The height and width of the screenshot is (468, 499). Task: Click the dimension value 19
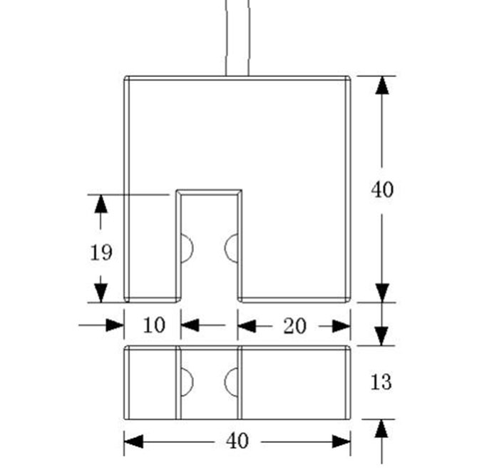pyautogui.click(x=101, y=252)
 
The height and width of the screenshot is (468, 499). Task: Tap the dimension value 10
pyautogui.click(x=153, y=325)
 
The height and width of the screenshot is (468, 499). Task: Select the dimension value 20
pyautogui.click(x=294, y=325)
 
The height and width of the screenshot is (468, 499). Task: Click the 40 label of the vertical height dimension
pyautogui.click(x=382, y=190)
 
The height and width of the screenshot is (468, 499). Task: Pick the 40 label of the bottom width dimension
pyautogui.click(x=237, y=441)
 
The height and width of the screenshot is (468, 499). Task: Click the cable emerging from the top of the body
pyautogui.click(x=237, y=36)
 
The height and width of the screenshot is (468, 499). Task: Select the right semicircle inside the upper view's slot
pyautogui.click(x=231, y=248)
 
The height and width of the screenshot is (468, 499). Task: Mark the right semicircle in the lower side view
pyautogui.click(x=231, y=382)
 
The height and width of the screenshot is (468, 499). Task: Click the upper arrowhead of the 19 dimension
pyautogui.click(x=101, y=203)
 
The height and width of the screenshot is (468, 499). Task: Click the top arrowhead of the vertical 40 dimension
pyautogui.click(x=382, y=85)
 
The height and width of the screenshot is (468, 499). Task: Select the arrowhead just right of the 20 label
pyautogui.click(x=341, y=326)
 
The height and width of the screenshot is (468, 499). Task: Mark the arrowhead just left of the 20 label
pyautogui.click(x=247, y=326)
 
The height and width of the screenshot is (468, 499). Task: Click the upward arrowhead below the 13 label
pyautogui.click(x=382, y=428)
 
